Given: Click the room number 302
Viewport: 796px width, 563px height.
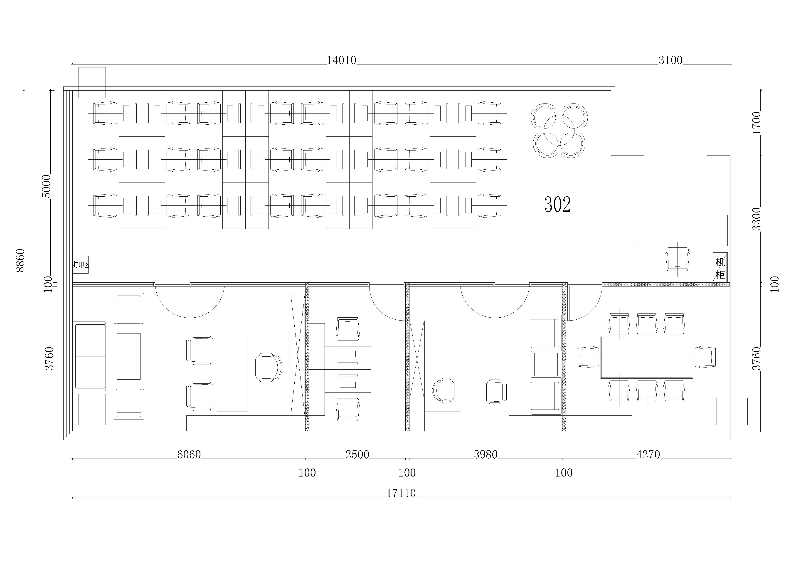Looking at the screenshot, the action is tap(557, 205).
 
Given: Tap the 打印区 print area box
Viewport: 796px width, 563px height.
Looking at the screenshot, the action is tap(80, 264).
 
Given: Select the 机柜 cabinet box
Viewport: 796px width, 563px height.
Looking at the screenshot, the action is tap(720, 267).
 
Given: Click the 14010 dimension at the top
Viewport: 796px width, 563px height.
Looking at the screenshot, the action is tap(342, 60).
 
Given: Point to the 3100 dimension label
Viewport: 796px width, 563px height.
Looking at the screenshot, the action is tap(670, 60).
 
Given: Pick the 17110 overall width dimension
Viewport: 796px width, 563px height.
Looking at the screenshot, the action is tap(401, 493).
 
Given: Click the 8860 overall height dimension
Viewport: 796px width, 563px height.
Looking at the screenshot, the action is tap(20, 260).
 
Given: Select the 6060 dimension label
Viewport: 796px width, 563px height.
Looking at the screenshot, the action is tap(189, 454).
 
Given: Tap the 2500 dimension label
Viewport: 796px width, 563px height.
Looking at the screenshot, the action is tap(357, 454).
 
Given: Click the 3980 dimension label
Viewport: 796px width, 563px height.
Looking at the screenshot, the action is tap(486, 454).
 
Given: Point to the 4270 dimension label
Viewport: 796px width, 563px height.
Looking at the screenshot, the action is tap(648, 454).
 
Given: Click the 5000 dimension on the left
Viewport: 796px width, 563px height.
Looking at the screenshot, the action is tap(46, 186).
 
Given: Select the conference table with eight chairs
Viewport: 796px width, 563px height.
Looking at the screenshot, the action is tap(647, 357).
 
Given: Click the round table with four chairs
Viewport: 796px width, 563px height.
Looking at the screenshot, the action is tap(559, 130).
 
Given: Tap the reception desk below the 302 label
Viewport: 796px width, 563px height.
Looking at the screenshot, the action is tap(681, 230).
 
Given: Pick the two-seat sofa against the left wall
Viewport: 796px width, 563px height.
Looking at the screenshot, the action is tap(89, 356).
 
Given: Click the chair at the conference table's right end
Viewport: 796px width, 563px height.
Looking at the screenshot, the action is tap(704, 357).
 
